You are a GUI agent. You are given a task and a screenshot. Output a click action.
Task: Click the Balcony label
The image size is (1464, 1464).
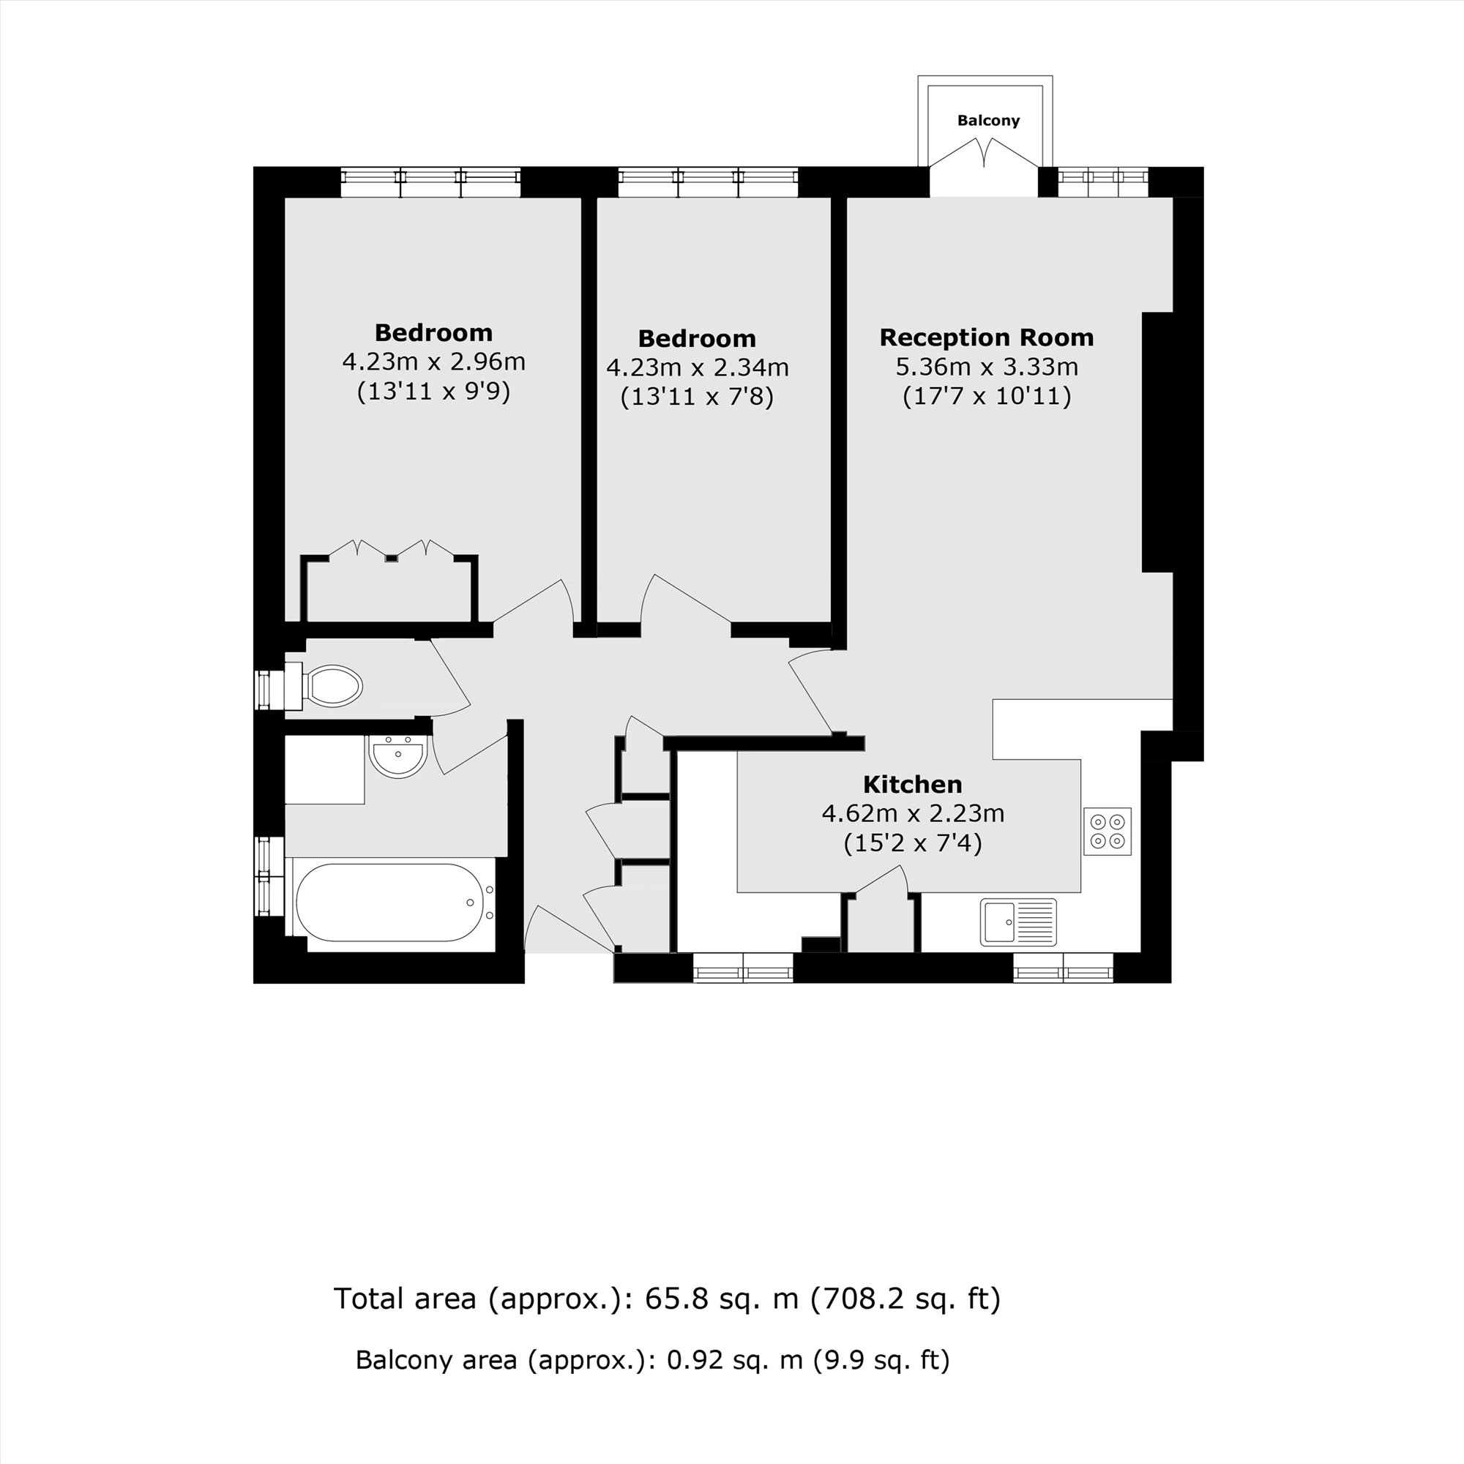[988, 121]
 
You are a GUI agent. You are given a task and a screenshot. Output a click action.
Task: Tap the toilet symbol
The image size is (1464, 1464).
[330, 687]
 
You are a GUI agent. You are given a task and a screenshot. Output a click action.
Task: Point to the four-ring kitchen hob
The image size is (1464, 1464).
[1107, 832]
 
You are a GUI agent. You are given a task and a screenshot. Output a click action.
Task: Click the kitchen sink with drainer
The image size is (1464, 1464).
[1017, 922]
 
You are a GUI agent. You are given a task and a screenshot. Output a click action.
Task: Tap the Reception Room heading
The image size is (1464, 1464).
[986, 337]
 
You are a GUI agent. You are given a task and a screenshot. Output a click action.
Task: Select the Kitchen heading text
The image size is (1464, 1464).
[912, 784]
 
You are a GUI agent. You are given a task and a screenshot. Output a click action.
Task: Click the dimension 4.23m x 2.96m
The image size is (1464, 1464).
[433, 362]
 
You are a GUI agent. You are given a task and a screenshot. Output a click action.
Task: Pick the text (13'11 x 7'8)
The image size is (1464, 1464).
[696, 396]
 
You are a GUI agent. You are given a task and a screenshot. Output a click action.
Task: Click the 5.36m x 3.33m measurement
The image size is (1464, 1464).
[986, 367]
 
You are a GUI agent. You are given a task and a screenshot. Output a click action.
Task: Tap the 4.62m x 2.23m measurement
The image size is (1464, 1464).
[912, 814]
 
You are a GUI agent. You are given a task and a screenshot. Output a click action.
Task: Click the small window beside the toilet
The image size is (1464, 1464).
[264, 690]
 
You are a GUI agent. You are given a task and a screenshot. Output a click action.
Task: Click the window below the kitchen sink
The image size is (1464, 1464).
[1063, 968]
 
